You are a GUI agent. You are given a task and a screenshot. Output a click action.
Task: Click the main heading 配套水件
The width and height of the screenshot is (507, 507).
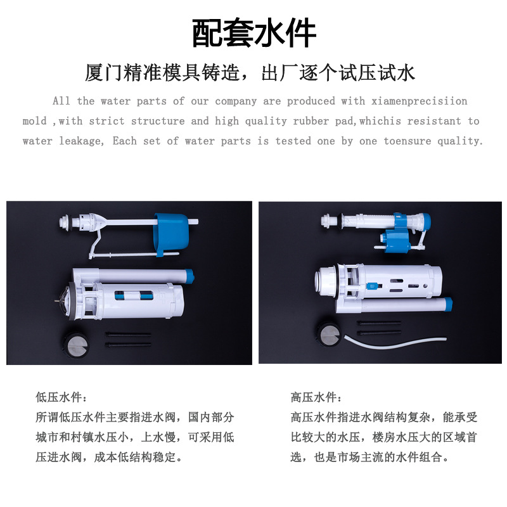[254, 33]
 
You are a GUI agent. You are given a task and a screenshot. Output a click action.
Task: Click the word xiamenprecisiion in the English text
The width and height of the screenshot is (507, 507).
[419, 101]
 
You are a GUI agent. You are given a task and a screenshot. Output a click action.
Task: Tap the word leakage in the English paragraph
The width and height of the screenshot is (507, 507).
[82, 141]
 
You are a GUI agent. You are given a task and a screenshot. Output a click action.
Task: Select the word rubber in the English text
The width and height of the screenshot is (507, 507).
[311, 121]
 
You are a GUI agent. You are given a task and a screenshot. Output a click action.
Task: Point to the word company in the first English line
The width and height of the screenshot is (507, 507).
[236, 101]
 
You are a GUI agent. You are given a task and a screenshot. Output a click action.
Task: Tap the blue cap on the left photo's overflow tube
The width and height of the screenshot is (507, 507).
[188, 277]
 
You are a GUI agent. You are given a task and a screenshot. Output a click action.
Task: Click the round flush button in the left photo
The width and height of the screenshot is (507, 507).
[76, 343]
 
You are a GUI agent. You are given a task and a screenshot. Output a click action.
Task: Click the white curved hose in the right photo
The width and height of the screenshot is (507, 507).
[395, 342]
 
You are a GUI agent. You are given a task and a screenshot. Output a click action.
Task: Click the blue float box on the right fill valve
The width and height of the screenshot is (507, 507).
[395, 240]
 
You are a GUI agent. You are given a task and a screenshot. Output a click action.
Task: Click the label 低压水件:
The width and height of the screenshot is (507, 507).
[61, 397]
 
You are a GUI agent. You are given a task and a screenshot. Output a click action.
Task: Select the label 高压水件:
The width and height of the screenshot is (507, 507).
[316, 397]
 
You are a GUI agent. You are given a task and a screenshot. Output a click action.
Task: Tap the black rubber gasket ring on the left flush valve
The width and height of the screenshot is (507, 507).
[72, 301]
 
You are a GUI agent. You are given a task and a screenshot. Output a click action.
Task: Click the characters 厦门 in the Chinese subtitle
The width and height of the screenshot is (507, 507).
[104, 73]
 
